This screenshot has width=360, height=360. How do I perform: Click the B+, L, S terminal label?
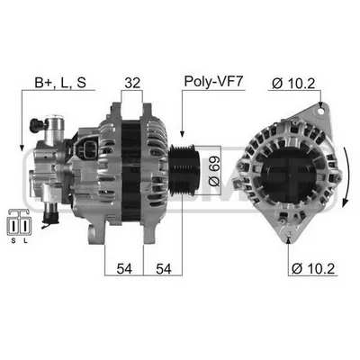pyautogui.click(x=60, y=82)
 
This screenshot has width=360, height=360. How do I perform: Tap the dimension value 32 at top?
pyautogui.click(x=132, y=83)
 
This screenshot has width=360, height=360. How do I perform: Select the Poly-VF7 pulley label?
pyautogui.click(x=213, y=81)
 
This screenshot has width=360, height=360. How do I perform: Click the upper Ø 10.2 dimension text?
pyautogui.click(x=293, y=83)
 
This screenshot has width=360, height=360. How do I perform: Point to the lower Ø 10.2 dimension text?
pyautogui.click(x=313, y=268)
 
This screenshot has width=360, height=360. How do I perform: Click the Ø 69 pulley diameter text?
pyautogui.click(x=214, y=171)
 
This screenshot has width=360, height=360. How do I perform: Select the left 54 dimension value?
pyautogui.click(x=124, y=268)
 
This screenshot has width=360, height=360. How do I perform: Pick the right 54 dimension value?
pyautogui.click(x=164, y=268)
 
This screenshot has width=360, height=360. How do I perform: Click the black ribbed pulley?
pyautogui.click(x=184, y=170)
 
